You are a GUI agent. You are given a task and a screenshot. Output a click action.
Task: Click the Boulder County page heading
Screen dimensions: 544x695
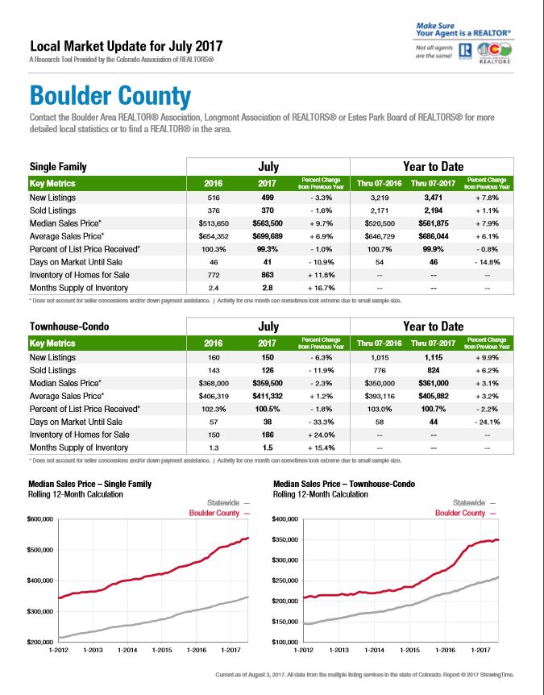point(110,96)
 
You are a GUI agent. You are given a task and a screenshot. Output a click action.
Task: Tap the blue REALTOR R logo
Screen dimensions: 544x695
point(465,51)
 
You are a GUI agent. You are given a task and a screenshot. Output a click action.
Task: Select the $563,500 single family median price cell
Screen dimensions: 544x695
point(267,223)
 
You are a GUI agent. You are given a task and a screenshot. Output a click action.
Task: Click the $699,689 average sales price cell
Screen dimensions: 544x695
point(267,236)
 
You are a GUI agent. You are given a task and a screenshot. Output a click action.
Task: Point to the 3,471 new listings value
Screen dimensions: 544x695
point(434,198)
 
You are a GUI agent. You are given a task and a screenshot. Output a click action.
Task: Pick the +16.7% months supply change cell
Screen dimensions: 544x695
point(322,288)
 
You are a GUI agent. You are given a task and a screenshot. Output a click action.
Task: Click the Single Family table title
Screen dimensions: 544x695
point(58,167)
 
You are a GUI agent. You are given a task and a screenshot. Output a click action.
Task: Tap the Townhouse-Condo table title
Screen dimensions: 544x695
point(69,327)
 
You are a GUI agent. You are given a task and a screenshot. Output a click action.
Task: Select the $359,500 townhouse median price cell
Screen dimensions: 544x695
point(267,384)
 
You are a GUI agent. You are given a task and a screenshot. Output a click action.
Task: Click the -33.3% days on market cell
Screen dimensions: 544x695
point(322,422)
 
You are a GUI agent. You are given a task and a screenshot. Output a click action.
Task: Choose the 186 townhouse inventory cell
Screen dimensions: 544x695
point(268,435)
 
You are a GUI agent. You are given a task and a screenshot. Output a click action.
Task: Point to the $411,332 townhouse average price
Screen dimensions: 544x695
point(267,396)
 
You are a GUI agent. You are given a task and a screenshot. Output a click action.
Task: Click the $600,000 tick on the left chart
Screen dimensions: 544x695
point(41,519)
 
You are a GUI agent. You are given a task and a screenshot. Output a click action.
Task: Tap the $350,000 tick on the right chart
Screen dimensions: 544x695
point(284,539)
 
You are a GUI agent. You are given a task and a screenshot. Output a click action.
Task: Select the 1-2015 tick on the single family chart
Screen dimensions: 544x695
point(162,650)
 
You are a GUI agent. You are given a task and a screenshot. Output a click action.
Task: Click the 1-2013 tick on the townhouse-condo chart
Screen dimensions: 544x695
point(339,650)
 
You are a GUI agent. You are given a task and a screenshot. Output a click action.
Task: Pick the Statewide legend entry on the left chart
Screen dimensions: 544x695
point(228,502)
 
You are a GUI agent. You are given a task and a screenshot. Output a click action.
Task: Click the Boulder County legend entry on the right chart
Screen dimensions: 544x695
point(465,513)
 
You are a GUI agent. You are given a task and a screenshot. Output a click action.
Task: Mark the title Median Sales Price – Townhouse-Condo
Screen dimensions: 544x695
point(344,484)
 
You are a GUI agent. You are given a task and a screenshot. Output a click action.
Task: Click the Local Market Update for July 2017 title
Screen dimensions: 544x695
point(127,46)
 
